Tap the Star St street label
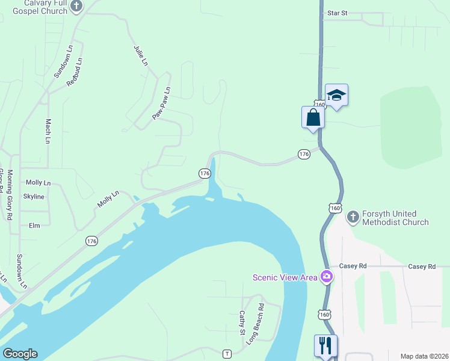coord(337,13)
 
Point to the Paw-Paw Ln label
coord(161,103)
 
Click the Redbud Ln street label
coord(75,72)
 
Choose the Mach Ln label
coord(48,131)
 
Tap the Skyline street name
coord(34,197)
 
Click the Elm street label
coord(34,226)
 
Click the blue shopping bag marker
coord(313,116)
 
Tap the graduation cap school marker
coord(336,94)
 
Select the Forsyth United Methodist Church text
coord(395,218)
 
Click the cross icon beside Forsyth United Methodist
coord(353,215)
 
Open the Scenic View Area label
coord(285,277)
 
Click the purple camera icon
coord(327,277)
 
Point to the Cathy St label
coord(242,323)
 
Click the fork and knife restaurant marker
coord(325,345)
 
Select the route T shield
coord(227,353)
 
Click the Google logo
coord(20,354)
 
